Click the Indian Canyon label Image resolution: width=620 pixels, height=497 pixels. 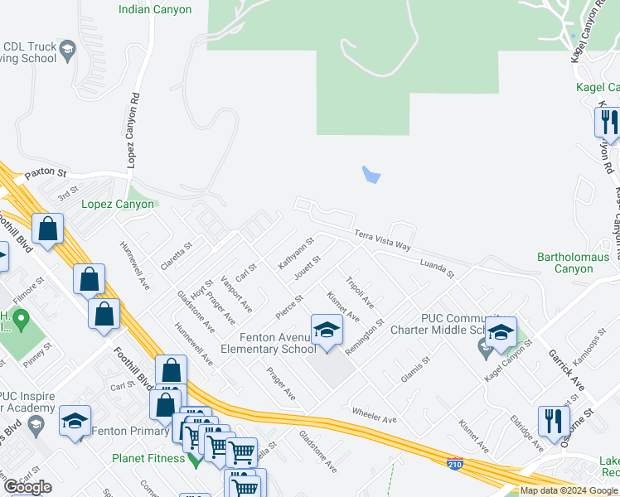pyautogui.click(x=155, y=10)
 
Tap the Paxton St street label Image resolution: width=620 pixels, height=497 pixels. pyautogui.click(x=45, y=173)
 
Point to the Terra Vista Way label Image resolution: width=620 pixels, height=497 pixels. pyautogui.click(x=383, y=240)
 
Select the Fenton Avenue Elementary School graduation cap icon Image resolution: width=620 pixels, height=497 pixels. pyautogui.click(x=327, y=331)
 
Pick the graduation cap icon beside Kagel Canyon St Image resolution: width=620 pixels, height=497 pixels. pyautogui.click(x=501, y=332)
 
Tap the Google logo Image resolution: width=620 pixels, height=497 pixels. pyautogui.click(x=27, y=487)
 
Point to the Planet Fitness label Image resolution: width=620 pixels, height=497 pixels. pyautogui.click(x=149, y=457)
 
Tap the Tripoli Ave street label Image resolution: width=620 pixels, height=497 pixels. pyautogui.click(x=360, y=292)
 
